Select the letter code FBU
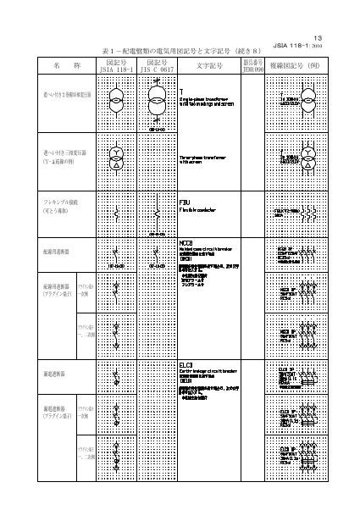tap(186, 203)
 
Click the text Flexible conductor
tap(200, 212)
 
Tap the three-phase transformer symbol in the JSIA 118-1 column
tap(113, 159)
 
